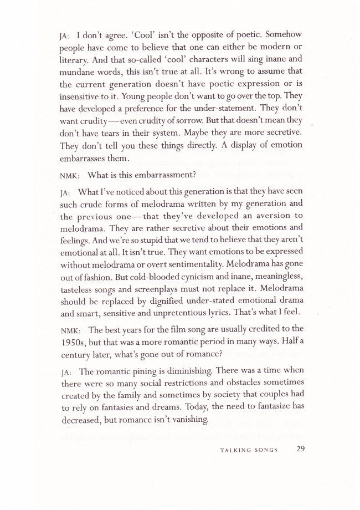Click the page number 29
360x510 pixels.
click(301, 449)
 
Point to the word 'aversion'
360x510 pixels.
click(264, 216)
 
